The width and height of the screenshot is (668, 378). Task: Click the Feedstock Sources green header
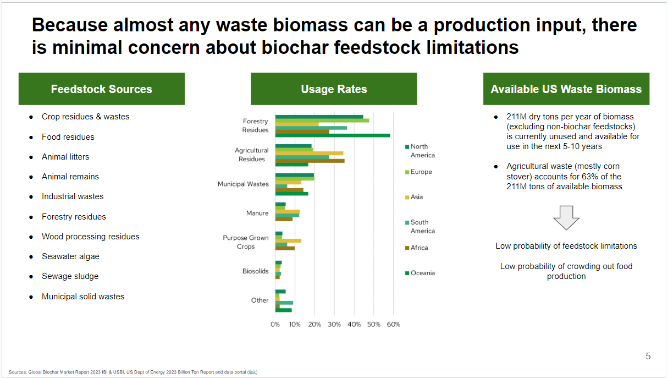coord(101,89)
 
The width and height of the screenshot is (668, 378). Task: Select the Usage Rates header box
coord(334,89)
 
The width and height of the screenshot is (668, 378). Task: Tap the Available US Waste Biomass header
coord(566,89)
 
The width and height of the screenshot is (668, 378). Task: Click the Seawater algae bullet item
coord(70,256)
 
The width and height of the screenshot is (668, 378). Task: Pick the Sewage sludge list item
coord(69,276)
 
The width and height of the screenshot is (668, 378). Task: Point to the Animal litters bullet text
coord(65,157)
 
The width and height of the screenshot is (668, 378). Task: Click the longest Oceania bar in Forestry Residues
coord(332,135)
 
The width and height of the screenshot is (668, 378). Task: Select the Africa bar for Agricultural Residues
coord(310,161)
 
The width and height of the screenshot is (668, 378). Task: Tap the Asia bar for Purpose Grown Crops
coord(288,240)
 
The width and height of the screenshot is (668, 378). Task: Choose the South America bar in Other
coord(284,303)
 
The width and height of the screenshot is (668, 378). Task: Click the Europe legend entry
coord(421,172)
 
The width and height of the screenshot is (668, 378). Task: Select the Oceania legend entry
coord(422,273)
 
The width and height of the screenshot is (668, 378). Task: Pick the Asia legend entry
coord(416,197)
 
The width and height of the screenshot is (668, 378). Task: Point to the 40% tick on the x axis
coord(354,324)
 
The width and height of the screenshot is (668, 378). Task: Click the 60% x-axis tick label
coord(393,324)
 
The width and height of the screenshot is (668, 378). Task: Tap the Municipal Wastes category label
coord(242,184)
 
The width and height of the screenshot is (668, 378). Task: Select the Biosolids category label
coord(255,271)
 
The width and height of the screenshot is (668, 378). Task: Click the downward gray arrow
coord(566,218)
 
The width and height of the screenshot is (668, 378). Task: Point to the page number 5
coord(648,357)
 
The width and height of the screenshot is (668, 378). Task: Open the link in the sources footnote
coord(252,372)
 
